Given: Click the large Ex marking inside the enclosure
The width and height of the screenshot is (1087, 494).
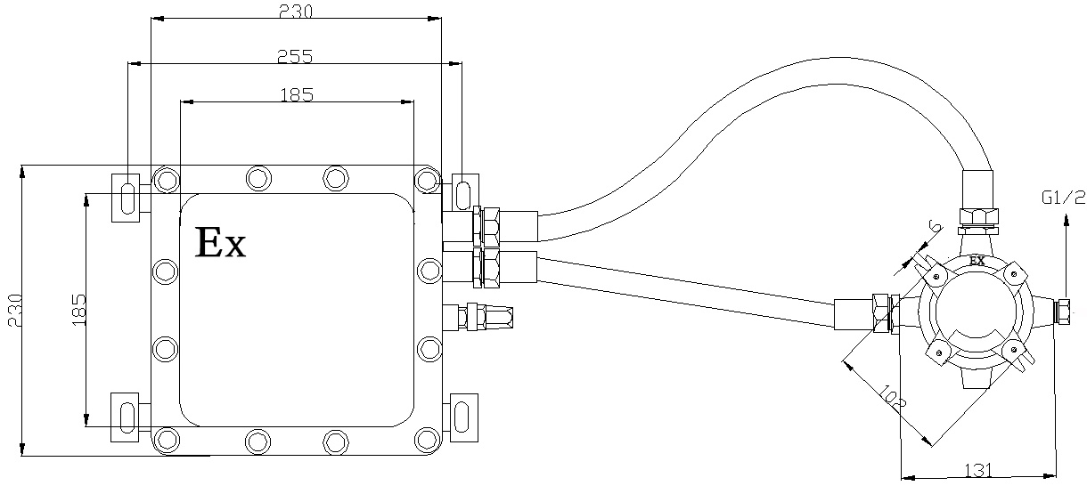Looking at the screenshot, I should [220, 242].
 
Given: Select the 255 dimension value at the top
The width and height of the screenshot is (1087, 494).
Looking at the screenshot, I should [295, 56].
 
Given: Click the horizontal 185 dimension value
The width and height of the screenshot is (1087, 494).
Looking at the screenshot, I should [296, 94].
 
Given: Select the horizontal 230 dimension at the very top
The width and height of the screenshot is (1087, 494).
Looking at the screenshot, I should [295, 12].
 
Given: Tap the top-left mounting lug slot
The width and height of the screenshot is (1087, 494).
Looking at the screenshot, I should [126, 196].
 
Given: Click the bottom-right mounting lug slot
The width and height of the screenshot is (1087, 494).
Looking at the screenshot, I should [464, 415].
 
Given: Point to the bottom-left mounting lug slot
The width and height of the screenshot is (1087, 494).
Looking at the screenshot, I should [126, 415].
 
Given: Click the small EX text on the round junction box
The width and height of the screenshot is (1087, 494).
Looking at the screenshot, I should [977, 261].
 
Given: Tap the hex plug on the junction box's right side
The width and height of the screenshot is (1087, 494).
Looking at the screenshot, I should [1063, 311].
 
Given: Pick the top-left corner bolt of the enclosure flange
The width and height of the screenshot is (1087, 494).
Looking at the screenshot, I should [165, 180].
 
